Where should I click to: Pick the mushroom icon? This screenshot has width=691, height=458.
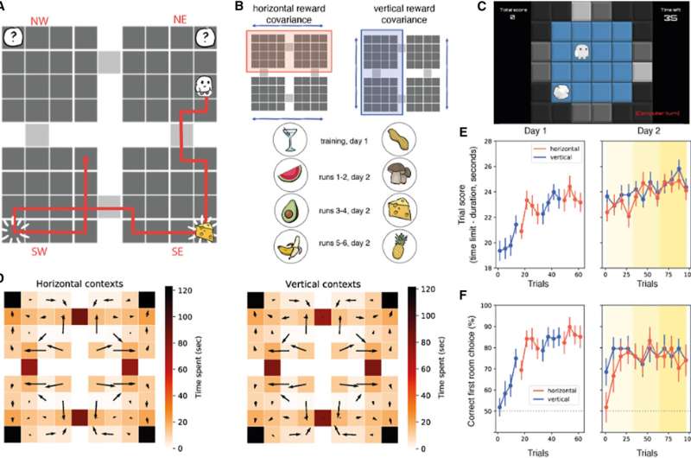(421, 176)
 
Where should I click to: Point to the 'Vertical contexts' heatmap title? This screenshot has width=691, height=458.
(320, 282)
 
